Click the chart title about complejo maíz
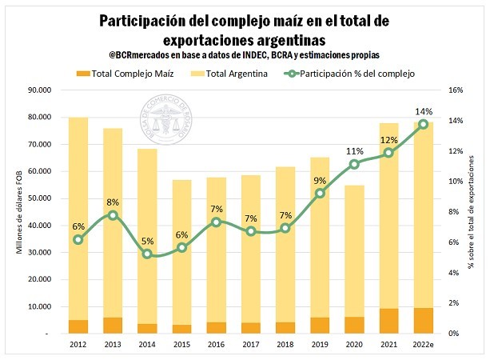click(247, 29)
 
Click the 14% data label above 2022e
click(424, 111)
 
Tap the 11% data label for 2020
click(354, 151)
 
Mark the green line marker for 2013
click(113, 215)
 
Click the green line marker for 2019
click(320, 193)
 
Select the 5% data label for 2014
click(147, 241)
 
